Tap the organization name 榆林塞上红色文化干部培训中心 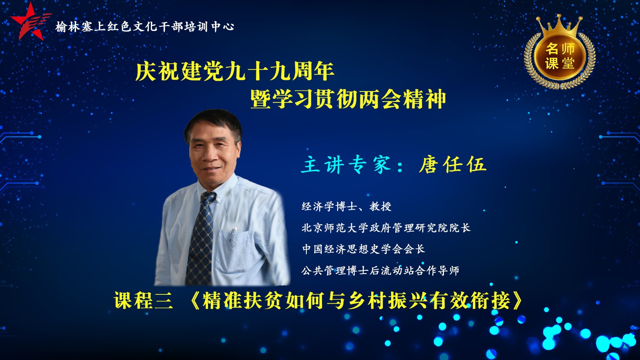click(x=145, y=27)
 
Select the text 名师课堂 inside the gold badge click(x=560, y=56)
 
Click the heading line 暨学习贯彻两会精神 click(x=348, y=98)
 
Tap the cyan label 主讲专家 click(x=346, y=165)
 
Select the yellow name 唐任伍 click(x=452, y=165)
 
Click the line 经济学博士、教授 click(x=346, y=206)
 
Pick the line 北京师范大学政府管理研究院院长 click(x=386, y=228)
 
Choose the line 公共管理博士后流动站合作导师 click(x=380, y=270)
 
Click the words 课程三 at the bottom click(x=144, y=300)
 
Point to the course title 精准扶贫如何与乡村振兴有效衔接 click(x=356, y=300)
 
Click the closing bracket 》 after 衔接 click(x=517, y=300)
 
